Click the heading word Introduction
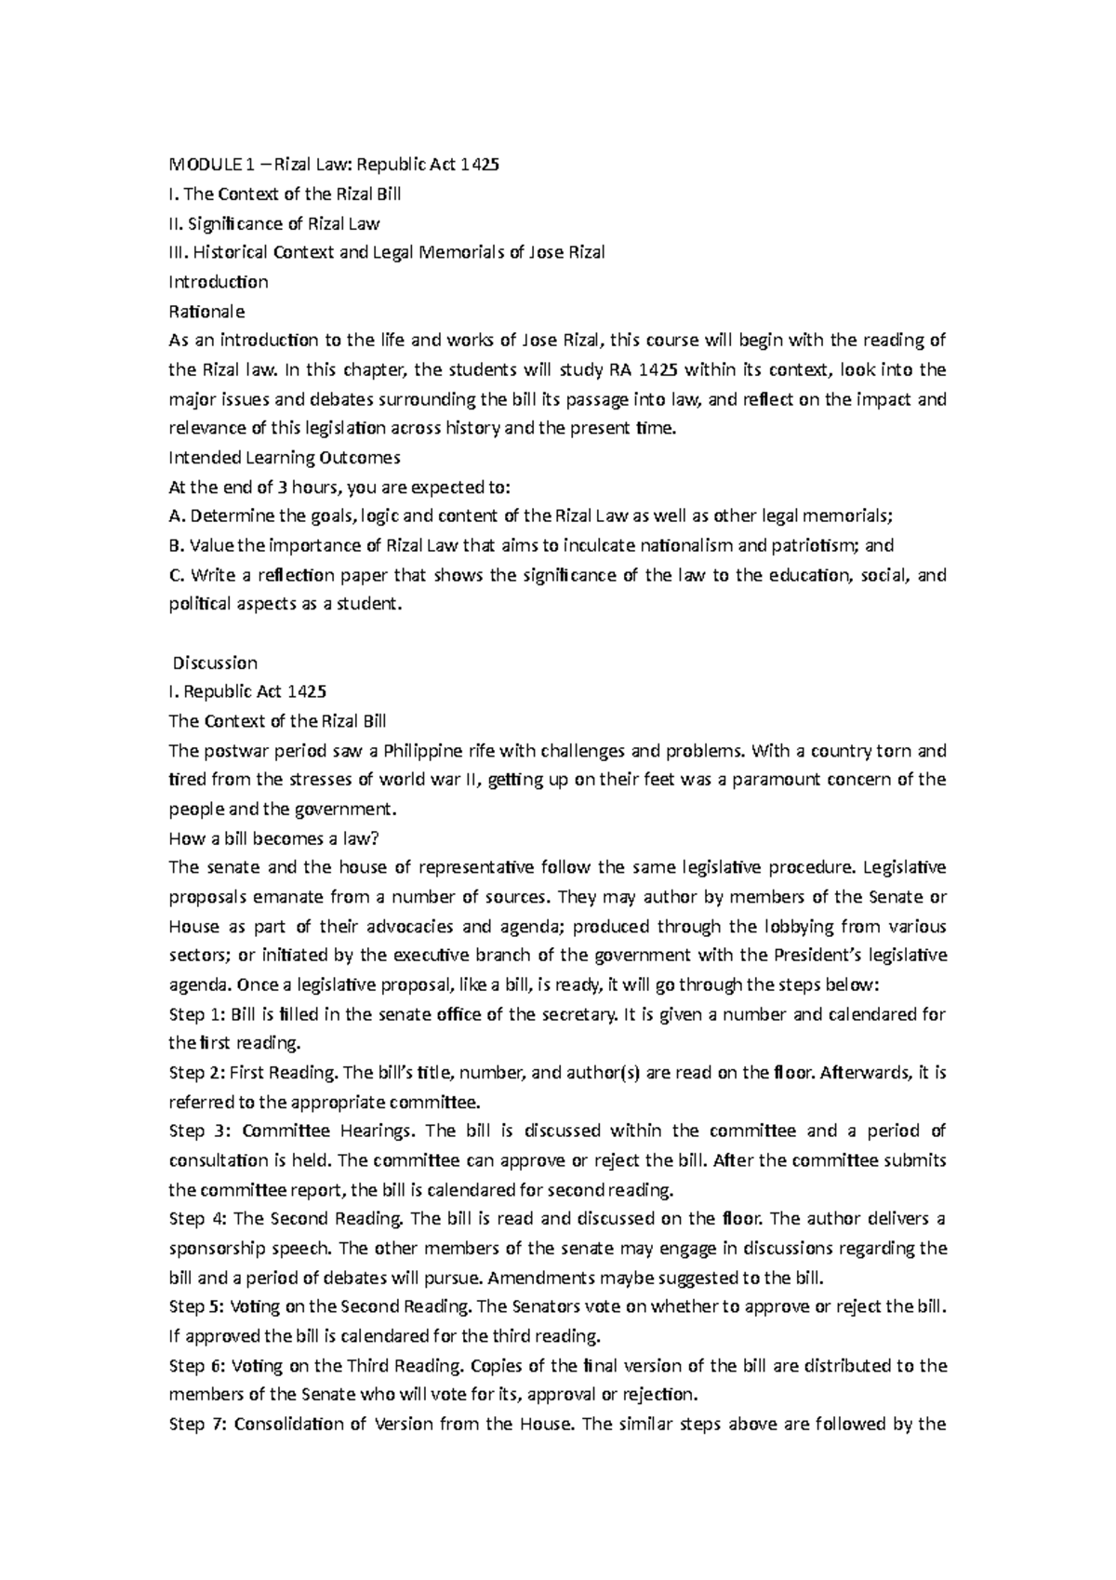(x=218, y=281)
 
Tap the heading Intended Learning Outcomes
(x=284, y=457)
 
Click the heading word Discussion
(x=216, y=663)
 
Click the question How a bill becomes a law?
(x=273, y=838)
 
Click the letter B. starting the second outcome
(x=177, y=545)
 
